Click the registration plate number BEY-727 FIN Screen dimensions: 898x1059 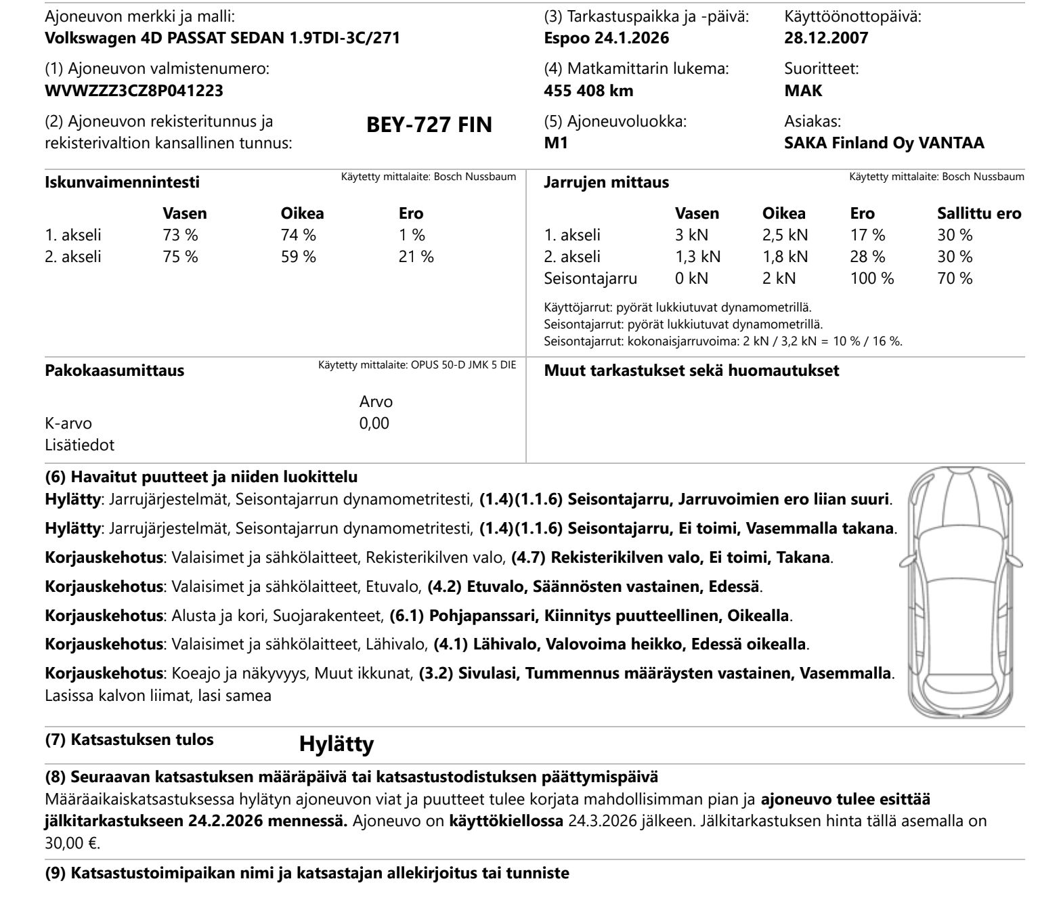pos(429,125)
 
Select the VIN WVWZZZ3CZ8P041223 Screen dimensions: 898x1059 pos(134,90)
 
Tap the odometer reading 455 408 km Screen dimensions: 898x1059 pos(588,90)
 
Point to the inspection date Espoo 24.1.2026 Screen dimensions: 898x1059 pos(606,38)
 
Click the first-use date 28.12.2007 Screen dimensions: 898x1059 pos(826,38)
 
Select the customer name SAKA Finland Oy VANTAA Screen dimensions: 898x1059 pos(884,143)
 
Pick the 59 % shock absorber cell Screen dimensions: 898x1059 pos(298,257)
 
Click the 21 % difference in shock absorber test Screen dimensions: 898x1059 pos(416,257)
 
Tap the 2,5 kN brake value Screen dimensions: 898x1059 pos(785,235)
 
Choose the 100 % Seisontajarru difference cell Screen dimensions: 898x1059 pos(871,278)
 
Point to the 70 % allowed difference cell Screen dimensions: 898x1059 pos(955,278)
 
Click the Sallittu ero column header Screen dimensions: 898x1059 pos(978,213)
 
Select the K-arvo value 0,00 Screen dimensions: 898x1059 pos(374,423)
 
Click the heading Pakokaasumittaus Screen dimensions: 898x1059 pos(114,370)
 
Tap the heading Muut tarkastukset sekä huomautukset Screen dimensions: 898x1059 pos(691,370)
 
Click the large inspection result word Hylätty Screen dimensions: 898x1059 pos(336,744)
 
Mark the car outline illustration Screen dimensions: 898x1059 pos(961,593)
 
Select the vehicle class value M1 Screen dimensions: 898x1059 pos(556,143)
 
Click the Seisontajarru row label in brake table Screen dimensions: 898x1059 pos(590,278)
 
